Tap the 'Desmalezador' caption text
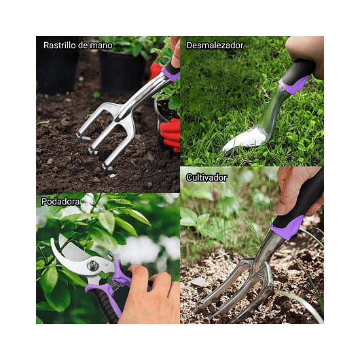[215, 46]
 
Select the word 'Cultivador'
[206, 177]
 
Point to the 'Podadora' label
[60, 202]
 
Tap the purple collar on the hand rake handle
[169, 74]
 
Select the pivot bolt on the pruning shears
[93, 266]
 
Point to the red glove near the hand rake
[170, 132]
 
